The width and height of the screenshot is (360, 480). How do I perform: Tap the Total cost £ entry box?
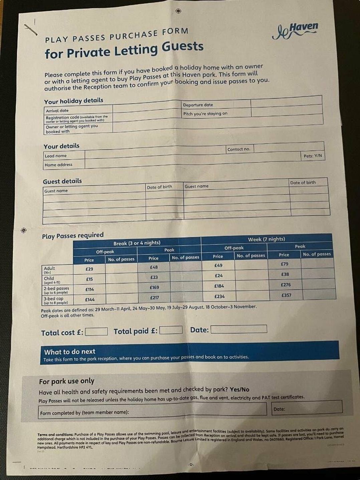click(x=96, y=332)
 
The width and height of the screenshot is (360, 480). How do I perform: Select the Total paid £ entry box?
click(x=171, y=330)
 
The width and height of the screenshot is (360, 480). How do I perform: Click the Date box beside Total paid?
click(x=238, y=329)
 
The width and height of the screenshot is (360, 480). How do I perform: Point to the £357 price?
click(x=286, y=295)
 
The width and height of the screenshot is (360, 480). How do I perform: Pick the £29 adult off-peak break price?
click(x=89, y=269)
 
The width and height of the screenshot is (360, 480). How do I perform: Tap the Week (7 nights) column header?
click(x=266, y=239)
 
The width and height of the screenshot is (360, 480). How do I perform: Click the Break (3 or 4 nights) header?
click(x=137, y=243)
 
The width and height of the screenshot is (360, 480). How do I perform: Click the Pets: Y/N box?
click(x=313, y=156)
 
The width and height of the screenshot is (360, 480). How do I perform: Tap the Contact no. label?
click(x=239, y=149)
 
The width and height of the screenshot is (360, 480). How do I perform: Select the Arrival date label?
click(x=57, y=111)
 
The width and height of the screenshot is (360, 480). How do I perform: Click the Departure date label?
click(x=198, y=105)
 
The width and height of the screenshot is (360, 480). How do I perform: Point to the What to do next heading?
click(x=70, y=351)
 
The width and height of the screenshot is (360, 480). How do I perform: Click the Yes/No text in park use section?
click(x=239, y=389)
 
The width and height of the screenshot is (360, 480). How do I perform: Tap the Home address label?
click(x=58, y=165)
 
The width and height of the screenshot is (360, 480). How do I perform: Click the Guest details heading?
click(x=62, y=181)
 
